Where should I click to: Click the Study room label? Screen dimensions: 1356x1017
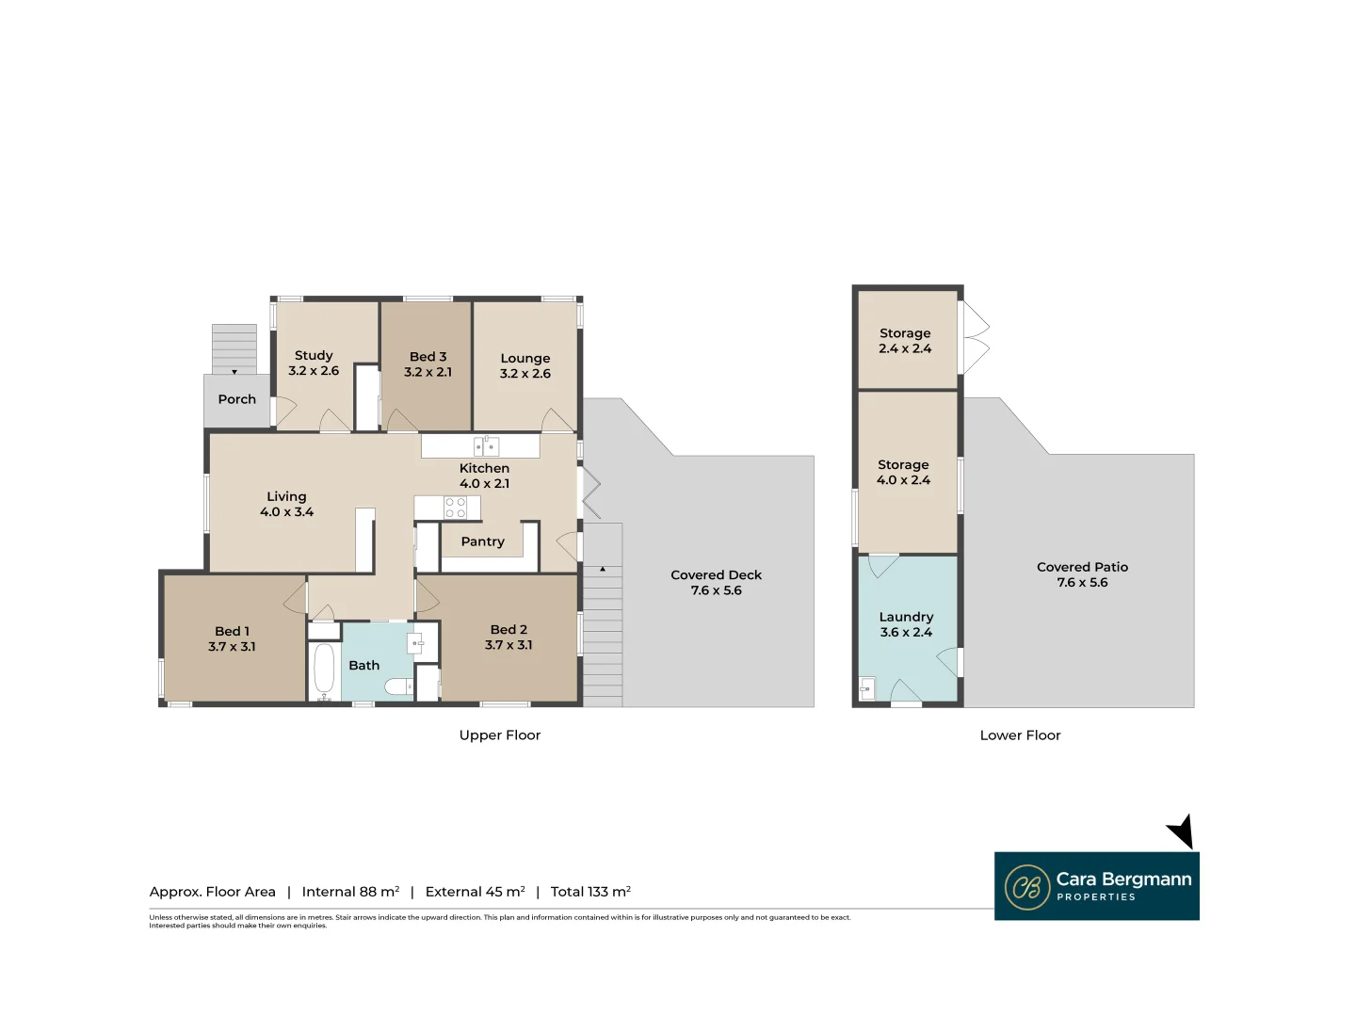click(x=314, y=356)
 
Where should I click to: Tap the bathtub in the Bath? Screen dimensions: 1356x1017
click(x=324, y=670)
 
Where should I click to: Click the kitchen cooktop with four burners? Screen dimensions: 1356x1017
click(x=455, y=508)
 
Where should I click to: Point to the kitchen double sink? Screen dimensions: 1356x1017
click(x=486, y=446)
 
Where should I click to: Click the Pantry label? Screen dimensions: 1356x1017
click(x=482, y=541)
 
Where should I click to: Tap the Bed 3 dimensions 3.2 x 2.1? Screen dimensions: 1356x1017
click(x=428, y=372)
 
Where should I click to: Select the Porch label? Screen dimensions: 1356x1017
click(x=236, y=399)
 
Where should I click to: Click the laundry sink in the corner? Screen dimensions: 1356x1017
click(x=866, y=689)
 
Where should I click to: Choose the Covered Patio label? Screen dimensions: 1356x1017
click(x=1082, y=567)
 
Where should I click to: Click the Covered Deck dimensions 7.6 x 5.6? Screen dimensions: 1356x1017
click(x=716, y=590)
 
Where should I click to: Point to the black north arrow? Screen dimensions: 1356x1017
click(x=1182, y=831)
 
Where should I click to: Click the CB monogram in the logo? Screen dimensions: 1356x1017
click(x=1027, y=887)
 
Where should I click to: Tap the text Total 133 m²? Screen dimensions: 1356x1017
click(x=590, y=892)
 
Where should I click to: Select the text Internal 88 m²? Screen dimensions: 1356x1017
click(x=350, y=892)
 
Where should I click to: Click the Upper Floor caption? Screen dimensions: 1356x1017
click(x=499, y=735)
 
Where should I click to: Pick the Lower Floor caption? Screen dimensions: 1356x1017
click(x=1020, y=735)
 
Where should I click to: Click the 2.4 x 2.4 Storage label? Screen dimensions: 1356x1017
click(x=905, y=341)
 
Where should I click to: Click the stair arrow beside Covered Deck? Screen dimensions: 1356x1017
click(x=603, y=570)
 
